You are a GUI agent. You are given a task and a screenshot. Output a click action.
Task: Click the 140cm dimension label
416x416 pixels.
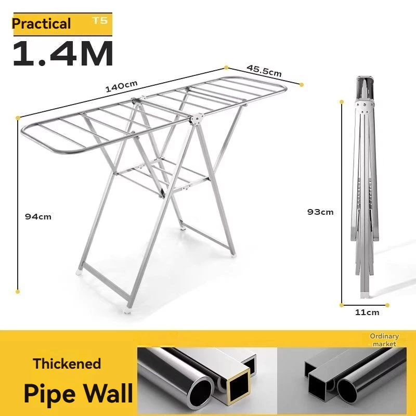click(121, 85)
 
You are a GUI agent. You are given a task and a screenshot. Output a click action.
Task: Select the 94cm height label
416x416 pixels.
click(38, 216)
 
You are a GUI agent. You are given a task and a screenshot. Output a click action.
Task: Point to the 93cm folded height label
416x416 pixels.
click(320, 212)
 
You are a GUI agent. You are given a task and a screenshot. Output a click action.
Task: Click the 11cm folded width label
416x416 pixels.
click(367, 313)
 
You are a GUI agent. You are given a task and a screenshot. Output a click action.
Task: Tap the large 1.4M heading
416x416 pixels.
click(62, 54)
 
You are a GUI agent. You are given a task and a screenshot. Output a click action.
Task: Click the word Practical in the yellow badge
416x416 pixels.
click(42, 24)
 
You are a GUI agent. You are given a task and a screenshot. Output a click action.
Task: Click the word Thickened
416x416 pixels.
click(67, 363)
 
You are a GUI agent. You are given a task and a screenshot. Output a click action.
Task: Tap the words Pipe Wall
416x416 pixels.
click(78, 394)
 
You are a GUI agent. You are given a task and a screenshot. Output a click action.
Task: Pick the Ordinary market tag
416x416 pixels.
click(384, 340)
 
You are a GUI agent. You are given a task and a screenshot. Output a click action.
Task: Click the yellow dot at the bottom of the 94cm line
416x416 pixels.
click(18, 292)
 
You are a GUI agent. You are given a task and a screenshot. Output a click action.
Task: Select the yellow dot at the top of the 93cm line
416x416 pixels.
click(342, 101)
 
